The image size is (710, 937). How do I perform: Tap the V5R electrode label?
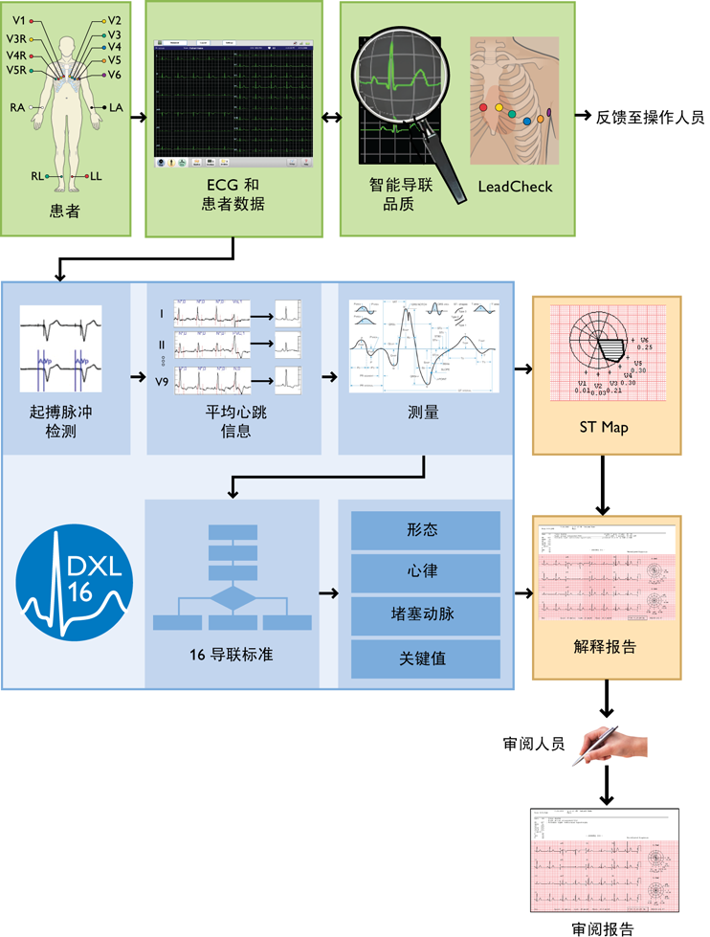tap(16, 70)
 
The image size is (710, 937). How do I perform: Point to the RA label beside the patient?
tap(17, 107)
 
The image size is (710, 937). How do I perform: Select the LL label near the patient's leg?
tap(97, 176)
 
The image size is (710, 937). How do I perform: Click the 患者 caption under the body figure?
tap(65, 212)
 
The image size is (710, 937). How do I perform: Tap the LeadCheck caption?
tap(515, 187)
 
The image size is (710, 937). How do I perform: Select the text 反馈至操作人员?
tap(651, 118)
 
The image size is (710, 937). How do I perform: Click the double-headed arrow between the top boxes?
tap(331, 118)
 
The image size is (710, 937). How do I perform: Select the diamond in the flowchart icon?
tap(233, 600)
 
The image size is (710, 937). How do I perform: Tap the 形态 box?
tap(426, 530)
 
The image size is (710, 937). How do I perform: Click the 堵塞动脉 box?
tap(426, 615)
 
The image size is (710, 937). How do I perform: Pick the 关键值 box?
tap(426, 658)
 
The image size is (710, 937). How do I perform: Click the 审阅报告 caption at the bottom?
tap(602, 927)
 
